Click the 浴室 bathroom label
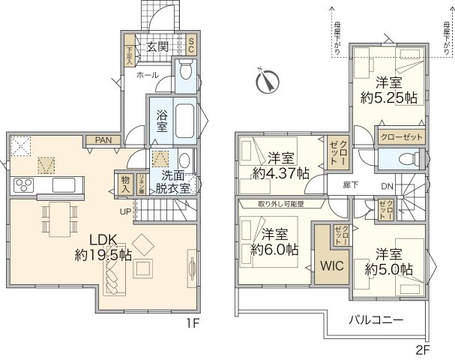coord(162,123)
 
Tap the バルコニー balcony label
coord(376,319)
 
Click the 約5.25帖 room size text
coord(388,97)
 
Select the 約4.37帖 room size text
coord(282,172)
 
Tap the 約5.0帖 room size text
coord(389,268)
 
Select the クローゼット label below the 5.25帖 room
coord(402,138)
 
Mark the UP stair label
coord(126,212)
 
